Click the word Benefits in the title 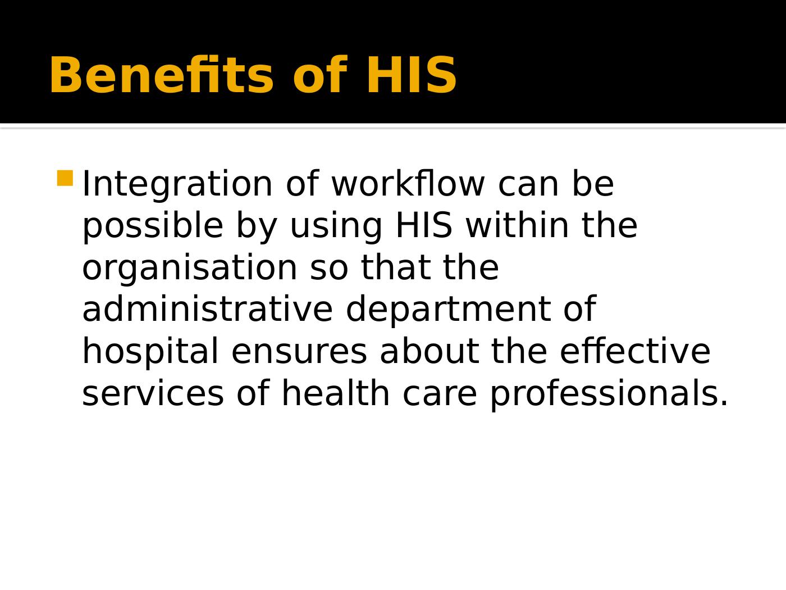[161, 75]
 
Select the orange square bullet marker [65, 178]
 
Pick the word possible [153, 226]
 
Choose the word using [336, 226]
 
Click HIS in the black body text [424, 226]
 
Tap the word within [517, 226]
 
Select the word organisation [190, 267]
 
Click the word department [447, 310]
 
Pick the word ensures [299, 353]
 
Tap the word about [429, 352]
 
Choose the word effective [635, 352]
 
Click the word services [153, 393]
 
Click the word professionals [609, 394]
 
